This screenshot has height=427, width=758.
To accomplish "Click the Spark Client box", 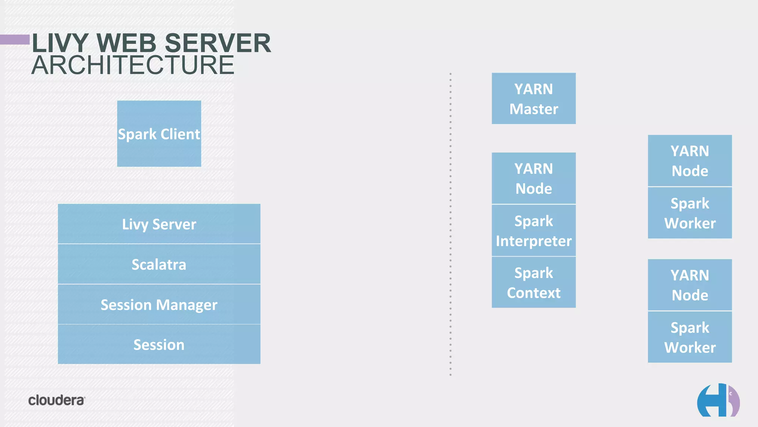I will [x=159, y=133].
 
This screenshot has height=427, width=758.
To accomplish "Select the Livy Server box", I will [x=159, y=224].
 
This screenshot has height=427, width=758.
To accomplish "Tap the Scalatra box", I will [x=159, y=264].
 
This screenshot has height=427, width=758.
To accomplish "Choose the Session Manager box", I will [x=159, y=305].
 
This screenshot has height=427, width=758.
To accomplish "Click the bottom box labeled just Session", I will [x=159, y=345].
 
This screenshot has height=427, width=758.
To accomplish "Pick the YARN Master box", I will [x=534, y=99].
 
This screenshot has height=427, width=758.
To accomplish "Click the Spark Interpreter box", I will [x=534, y=231].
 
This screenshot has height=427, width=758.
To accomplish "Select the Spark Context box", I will [x=534, y=282].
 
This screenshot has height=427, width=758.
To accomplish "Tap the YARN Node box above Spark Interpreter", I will [x=534, y=178].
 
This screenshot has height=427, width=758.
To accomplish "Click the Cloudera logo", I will [x=57, y=400].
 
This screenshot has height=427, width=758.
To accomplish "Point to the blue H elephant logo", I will [x=718, y=401].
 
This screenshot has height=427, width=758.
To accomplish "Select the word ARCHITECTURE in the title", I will [x=133, y=65].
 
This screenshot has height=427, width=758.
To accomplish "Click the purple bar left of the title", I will [x=15, y=39].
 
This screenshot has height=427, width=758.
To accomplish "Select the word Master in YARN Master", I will [x=534, y=109].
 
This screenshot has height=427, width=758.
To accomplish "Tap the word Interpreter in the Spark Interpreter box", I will [x=534, y=241].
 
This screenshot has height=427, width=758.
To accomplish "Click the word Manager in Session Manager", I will [x=187, y=305].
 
